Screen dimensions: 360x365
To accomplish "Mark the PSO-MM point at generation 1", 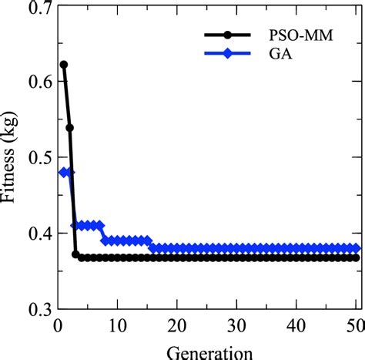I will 63,65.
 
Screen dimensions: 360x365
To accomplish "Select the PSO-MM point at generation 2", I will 69,127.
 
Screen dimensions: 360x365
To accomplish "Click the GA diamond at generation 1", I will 63,172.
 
